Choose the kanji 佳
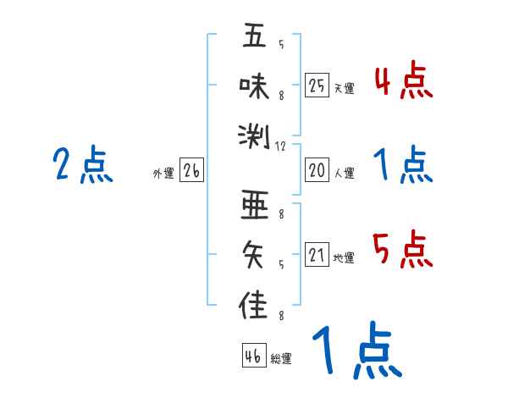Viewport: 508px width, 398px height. point(254,302)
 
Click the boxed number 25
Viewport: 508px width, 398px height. point(317,86)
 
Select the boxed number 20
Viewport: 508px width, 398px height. point(317,171)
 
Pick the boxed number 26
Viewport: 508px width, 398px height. point(191,171)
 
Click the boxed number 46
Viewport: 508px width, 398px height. point(253,356)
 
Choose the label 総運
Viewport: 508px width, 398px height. point(281,358)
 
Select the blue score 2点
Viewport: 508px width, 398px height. point(83,164)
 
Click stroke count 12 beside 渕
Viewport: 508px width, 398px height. point(281,146)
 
